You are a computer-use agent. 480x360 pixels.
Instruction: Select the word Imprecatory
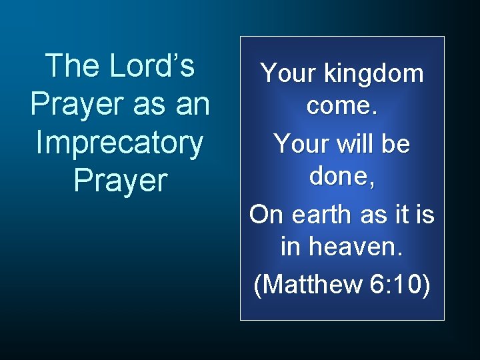(x=120, y=143)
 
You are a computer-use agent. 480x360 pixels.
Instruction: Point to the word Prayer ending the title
(x=120, y=181)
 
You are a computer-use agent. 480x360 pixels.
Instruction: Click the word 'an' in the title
(x=191, y=105)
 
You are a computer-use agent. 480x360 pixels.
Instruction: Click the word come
(x=341, y=105)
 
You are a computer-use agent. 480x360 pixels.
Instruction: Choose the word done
(x=341, y=175)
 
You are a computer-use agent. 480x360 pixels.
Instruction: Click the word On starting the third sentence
(x=266, y=215)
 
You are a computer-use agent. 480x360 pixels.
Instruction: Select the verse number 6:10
(x=399, y=284)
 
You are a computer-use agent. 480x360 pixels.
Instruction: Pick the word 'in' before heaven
(x=291, y=247)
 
